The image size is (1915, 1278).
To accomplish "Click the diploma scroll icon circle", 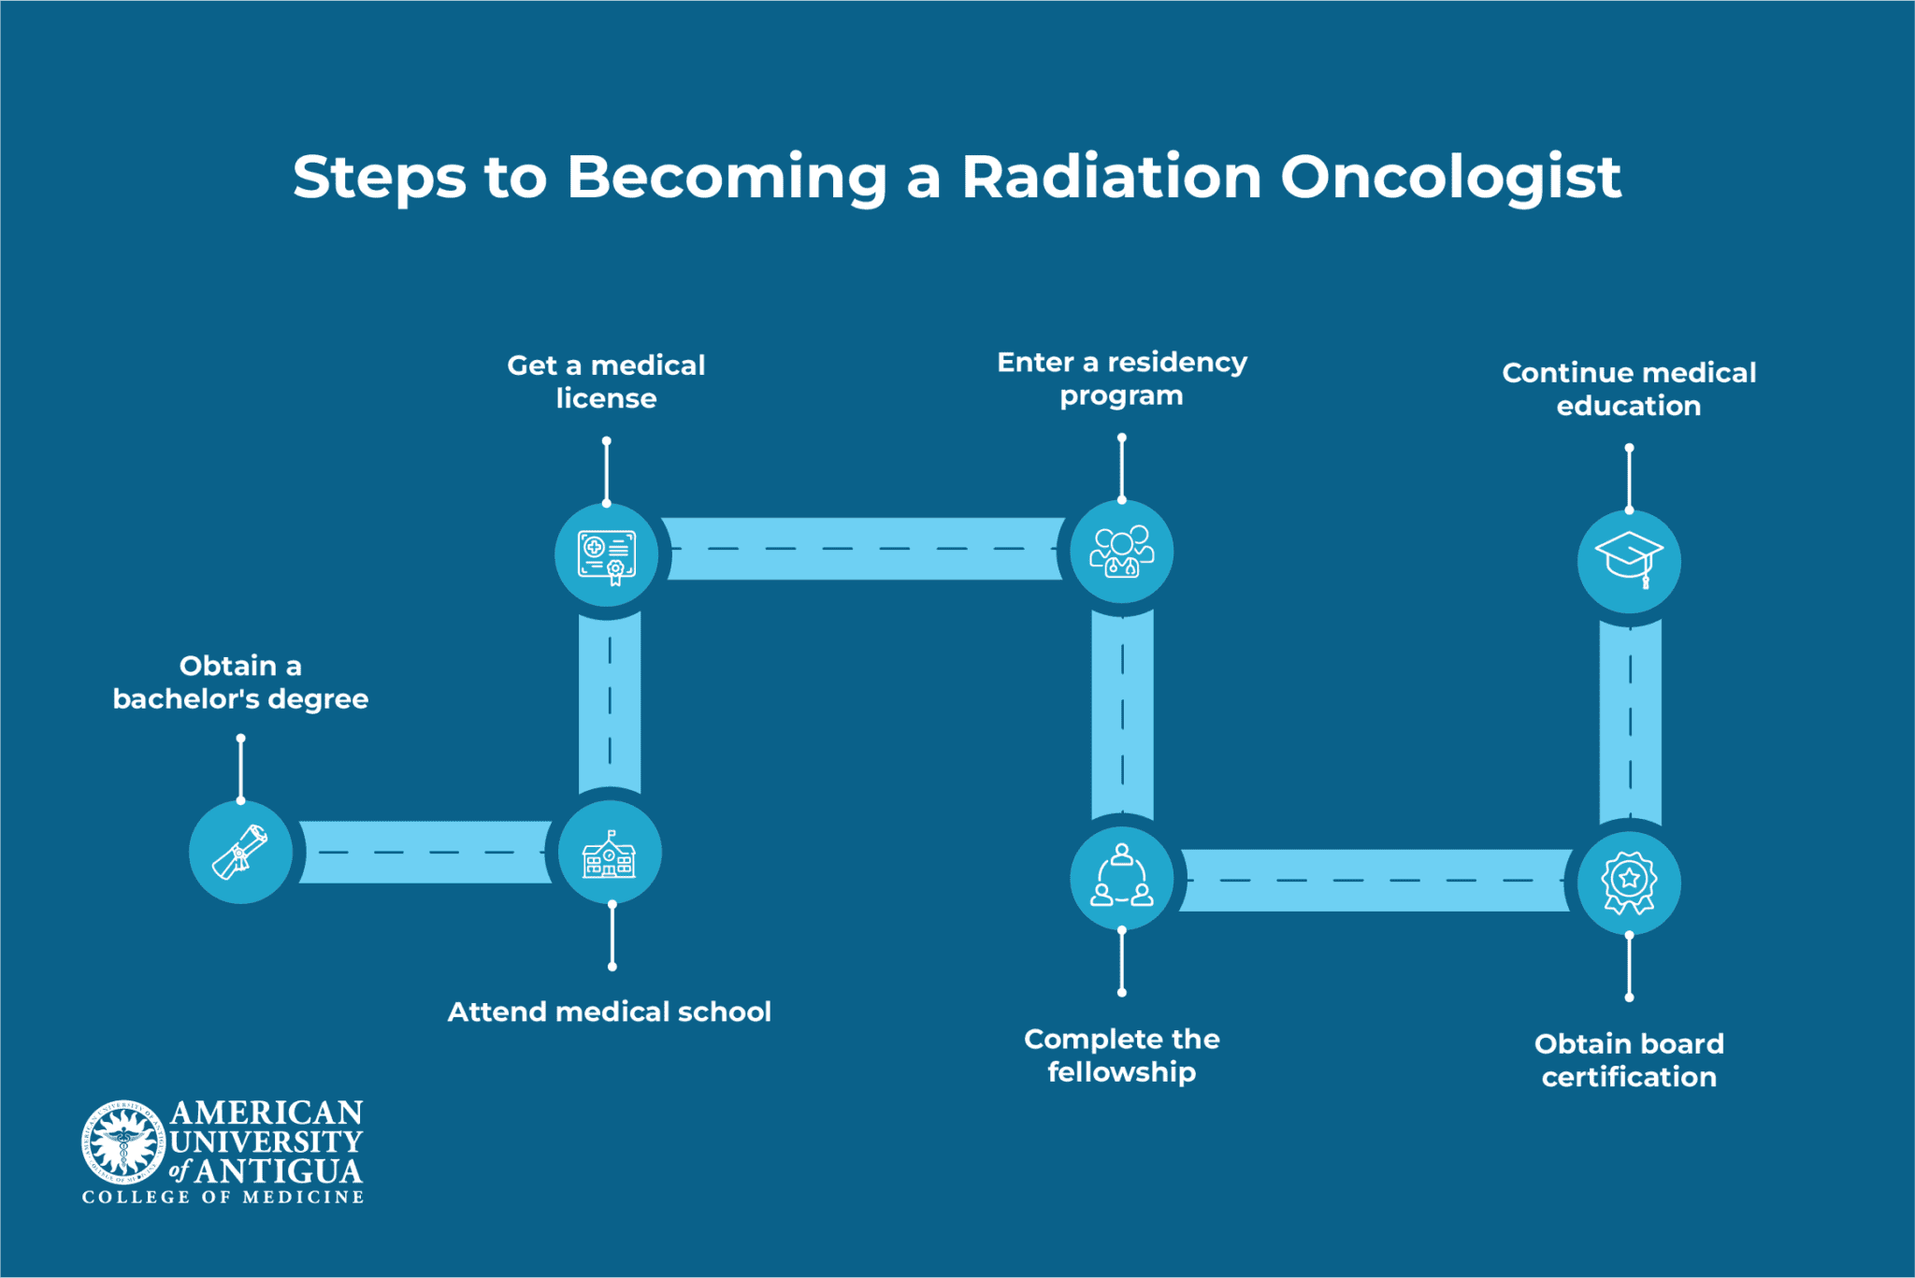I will pyautogui.click(x=240, y=852).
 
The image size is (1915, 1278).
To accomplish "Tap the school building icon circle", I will pyautogui.click(x=610, y=853).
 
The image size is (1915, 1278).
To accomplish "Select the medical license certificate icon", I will pyautogui.click(x=607, y=555).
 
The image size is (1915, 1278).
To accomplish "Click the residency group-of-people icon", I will pyautogui.click(x=1121, y=552).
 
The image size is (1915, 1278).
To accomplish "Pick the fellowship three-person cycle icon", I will pyautogui.click(x=1121, y=878).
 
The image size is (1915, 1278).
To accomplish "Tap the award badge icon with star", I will pyautogui.click(x=1629, y=883).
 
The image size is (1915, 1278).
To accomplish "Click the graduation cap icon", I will pyautogui.click(x=1629, y=561).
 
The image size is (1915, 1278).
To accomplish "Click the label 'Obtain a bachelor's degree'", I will pyautogui.click(x=240, y=682).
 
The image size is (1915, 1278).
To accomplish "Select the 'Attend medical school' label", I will pyautogui.click(x=610, y=1012).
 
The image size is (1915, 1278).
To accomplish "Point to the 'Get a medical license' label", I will pyautogui.click(x=606, y=381).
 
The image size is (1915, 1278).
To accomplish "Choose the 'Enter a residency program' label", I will pyautogui.click(x=1121, y=379).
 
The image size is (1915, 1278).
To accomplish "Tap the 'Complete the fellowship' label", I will pyautogui.click(x=1121, y=1055).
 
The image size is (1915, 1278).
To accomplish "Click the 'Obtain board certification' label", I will pyautogui.click(x=1629, y=1060).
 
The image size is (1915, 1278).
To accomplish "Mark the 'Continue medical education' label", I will pyautogui.click(x=1629, y=389).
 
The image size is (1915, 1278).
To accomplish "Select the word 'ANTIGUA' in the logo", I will pyautogui.click(x=278, y=1171).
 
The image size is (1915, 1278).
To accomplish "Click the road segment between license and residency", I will pyautogui.click(x=865, y=549).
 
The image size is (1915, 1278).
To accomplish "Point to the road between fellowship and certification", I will pyautogui.click(x=1375, y=881).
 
